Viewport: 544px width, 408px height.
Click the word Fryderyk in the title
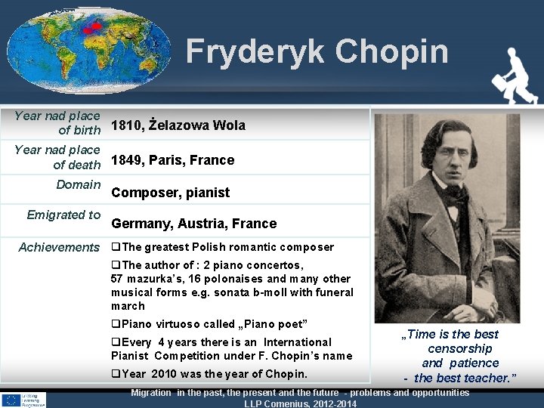[x=256, y=51]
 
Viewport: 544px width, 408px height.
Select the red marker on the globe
[x=91, y=28]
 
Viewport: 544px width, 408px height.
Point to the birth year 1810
[x=125, y=125]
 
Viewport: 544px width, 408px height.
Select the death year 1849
[x=126, y=160]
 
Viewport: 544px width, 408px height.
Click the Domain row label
[x=79, y=184]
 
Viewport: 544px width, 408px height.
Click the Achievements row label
[x=59, y=247]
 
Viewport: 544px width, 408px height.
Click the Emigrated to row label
[x=63, y=215]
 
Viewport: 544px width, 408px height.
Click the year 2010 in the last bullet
[x=164, y=374]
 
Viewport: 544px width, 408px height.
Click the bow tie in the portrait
[x=456, y=190]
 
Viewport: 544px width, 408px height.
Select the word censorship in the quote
[x=459, y=348]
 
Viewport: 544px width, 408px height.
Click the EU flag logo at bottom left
[x=11, y=400]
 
